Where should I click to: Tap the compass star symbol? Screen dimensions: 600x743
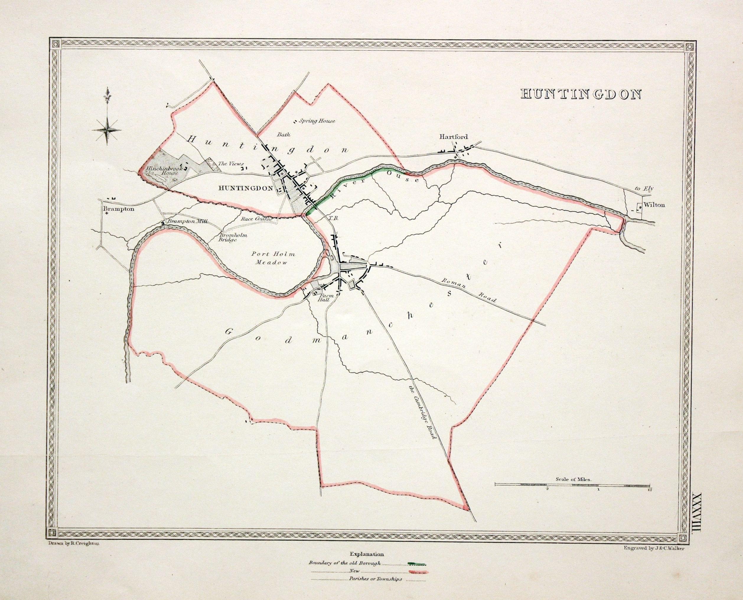107,130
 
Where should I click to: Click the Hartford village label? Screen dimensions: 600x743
453,137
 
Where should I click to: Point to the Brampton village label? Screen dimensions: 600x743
118,209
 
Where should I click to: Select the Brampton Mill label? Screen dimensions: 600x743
187,221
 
